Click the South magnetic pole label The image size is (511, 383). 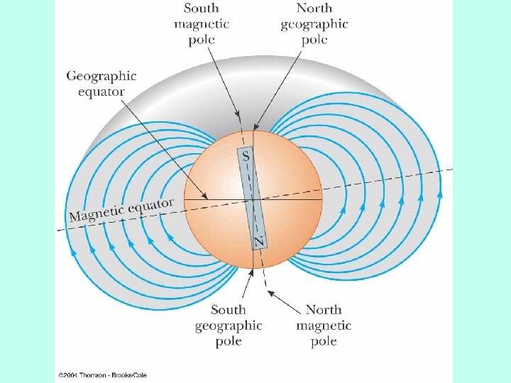(x=202, y=23)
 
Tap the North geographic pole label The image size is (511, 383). (x=314, y=23)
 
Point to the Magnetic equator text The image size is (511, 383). (x=121, y=209)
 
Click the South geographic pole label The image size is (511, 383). (x=229, y=326)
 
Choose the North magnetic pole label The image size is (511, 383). (x=324, y=326)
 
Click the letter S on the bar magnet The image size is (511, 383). (x=246, y=157)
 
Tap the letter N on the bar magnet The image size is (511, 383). (x=259, y=242)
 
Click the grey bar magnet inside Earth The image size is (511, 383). (x=253, y=199)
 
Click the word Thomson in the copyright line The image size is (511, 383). (x=95, y=374)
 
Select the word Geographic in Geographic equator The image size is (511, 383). (x=101, y=76)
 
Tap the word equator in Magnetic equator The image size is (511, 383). (x=152, y=206)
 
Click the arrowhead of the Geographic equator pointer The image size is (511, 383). (x=205, y=196)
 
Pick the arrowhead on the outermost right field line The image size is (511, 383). (x=440, y=192)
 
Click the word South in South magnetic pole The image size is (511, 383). (x=202, y=9)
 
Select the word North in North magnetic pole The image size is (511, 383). (x=324, y=310)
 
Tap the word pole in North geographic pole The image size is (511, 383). (x=314, y=39)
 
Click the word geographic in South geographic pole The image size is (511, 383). (x=229, y=326)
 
